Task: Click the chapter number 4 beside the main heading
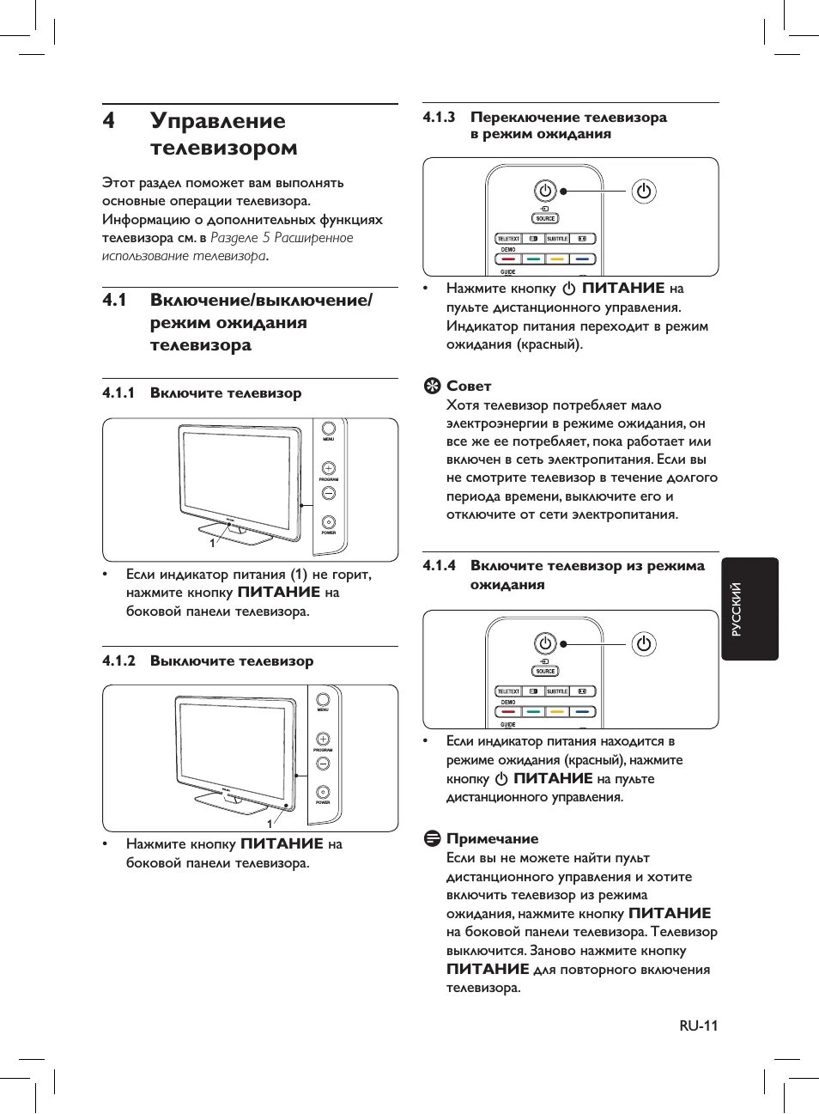(x=108, y=121)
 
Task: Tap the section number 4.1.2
(x=118, y=660)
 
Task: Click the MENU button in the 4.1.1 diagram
(x=328, y=429)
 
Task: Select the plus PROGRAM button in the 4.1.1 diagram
(x=328, y=469)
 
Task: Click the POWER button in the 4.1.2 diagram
(x=323, y=792)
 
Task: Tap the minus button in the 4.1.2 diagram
(x=323, y=763)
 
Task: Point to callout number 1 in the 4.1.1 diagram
(x=212, y=544)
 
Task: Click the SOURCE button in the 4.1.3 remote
(x=545, y=218)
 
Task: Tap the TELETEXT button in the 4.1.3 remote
(x=508, y=239)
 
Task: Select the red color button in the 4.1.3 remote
(x=508, y=259)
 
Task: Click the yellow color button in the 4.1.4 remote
(x=557, y=711)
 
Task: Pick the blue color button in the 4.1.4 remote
(x=583, y=711)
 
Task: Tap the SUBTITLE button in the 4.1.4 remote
(x=557, y=691)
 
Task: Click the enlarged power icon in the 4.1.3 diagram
(x=644, y=191)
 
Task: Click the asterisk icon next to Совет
(x=433, y=386)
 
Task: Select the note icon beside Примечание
(x=433, y=838)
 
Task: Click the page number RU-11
(x=698, y=1026)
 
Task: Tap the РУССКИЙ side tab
(x=749, y=609)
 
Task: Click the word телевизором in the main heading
(x=223, y=148)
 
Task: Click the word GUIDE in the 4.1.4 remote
(x=508, y=724)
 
